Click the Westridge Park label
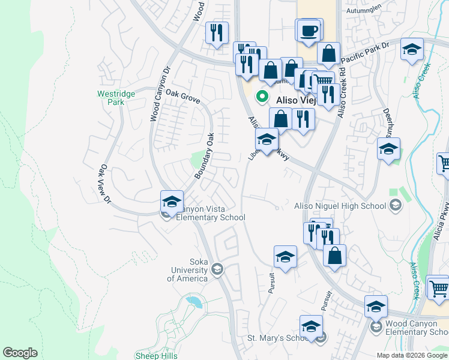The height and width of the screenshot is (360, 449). (112, 98)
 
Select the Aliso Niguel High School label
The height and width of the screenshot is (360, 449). (340, 206)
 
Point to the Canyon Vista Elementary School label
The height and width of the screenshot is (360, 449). (211, 213)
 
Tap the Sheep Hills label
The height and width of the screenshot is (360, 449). (155, 355)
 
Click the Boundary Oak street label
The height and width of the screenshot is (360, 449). (204, 155)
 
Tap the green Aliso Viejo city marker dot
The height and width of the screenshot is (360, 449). (262, 95)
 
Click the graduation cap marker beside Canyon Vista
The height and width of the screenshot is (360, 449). (172, 202)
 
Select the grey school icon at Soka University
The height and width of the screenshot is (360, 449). (217, 270)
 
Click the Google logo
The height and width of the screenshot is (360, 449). (20, 353)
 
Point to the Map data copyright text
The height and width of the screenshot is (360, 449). (412, 355)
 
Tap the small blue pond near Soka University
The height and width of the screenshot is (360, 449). (193, 301)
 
